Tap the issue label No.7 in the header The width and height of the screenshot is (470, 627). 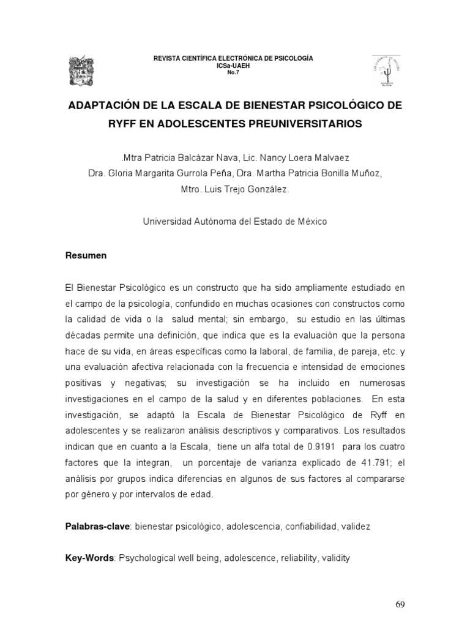pos(233,73)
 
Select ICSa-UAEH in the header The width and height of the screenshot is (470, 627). pos(233,66)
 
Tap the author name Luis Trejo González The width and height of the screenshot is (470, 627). pos(245,190)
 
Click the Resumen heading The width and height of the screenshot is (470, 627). pos(86,256)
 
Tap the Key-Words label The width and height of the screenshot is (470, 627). pos(90,558)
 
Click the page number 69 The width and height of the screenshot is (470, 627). pos(400,605)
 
